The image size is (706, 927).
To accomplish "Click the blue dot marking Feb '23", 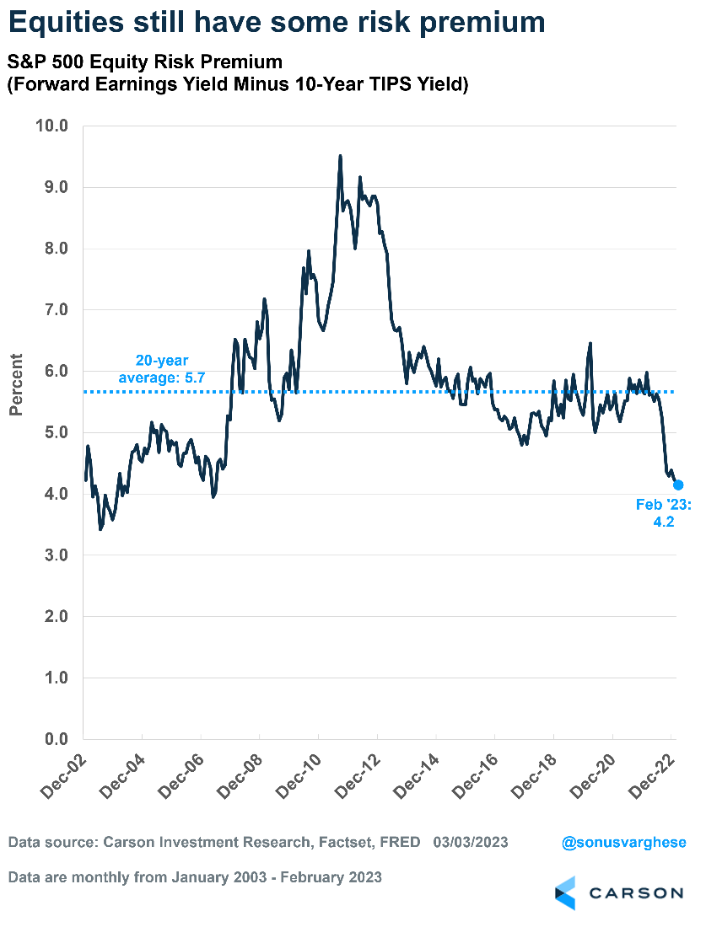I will pos(678,485).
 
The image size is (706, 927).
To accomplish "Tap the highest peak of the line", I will pos(340,156).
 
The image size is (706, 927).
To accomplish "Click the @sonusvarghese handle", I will pos(623,842).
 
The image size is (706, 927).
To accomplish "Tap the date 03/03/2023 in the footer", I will pos(471,842).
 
